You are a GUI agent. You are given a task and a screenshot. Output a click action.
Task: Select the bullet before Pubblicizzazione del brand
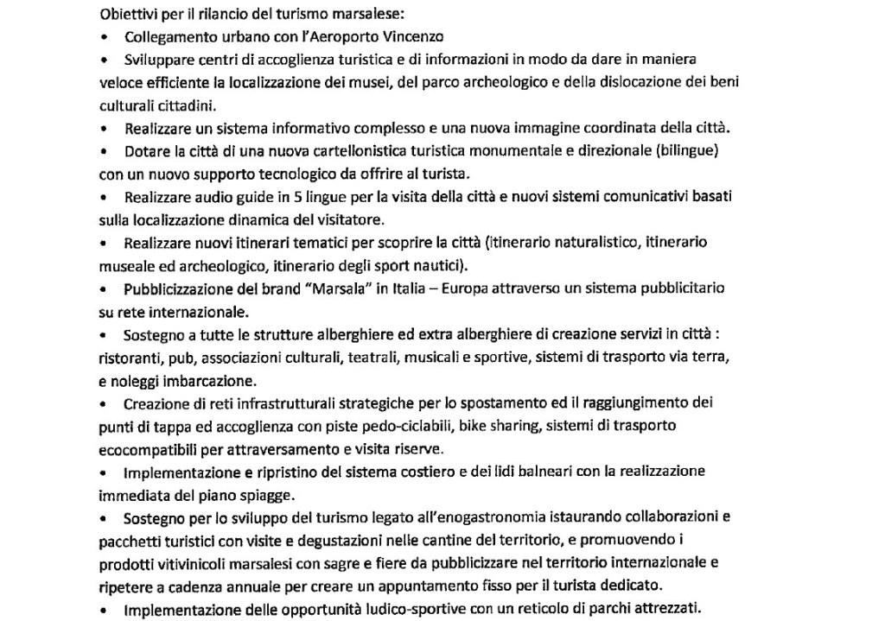pyautogui.click(x=105, y=288)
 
